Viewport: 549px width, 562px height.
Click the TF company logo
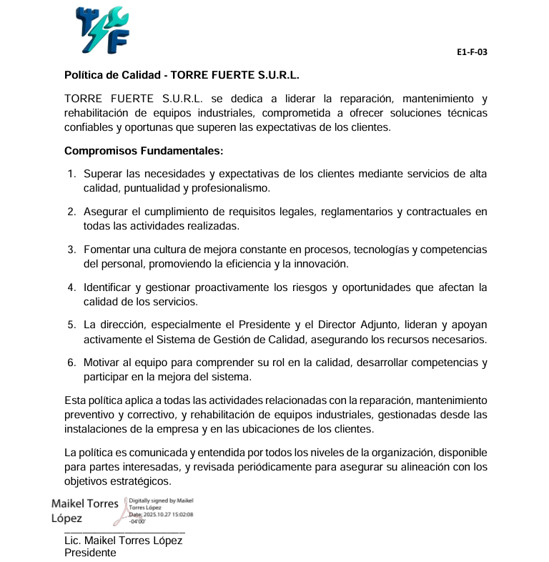click(102, 31)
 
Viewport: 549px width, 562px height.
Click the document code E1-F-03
click(472, 52)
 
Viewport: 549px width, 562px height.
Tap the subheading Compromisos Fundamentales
click(144, 151)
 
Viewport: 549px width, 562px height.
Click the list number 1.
click(71, 174)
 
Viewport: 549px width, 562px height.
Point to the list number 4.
click(71, 287)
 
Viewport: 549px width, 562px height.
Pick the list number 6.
click(71, 363)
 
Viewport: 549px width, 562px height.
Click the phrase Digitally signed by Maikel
click(161, 501)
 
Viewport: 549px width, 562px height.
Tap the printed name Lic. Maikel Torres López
click(123, 541)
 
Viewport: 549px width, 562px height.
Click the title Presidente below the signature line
click(90, 553)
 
